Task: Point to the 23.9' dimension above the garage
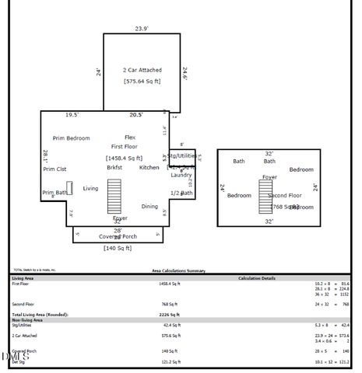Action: [141, 29]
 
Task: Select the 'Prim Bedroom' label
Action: [72, 138]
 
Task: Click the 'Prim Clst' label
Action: [54, 169]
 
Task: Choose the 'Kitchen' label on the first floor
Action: [149, 167]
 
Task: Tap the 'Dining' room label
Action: [149, 206]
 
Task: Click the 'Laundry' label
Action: [181, 175]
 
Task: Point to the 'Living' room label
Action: [91, 188]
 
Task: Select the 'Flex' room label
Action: [130, 137]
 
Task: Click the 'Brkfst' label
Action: [114, 167]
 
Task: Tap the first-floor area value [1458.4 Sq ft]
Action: [124, 158]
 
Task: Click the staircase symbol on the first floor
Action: [114, 196]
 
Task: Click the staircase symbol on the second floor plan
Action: [265, 196]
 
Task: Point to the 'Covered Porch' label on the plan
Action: [118, 236]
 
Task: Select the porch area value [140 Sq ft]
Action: [118, 248]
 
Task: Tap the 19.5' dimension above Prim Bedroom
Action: [72, 115]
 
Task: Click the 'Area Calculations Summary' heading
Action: [178, 270]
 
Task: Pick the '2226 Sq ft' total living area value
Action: [169, 315]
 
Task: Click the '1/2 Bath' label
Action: [181, 193]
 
